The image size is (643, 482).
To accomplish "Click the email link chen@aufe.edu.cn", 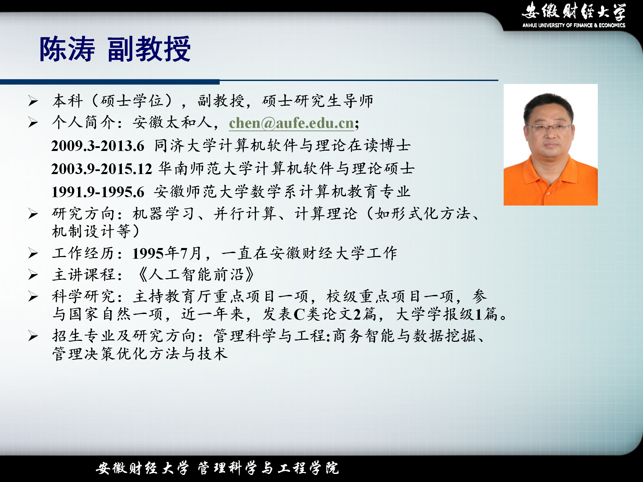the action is (x=291, y=123).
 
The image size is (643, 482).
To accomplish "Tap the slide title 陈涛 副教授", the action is (x=115, y=49).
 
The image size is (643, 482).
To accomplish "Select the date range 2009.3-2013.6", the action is (x=97, y=146).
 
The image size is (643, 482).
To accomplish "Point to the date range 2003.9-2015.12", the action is (x=101, y=169).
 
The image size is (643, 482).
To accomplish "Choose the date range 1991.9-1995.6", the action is (x=97, y=192).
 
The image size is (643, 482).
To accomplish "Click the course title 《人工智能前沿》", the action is (x=196, y=275).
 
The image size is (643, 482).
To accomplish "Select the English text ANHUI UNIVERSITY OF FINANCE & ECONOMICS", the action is (x=574, y=25).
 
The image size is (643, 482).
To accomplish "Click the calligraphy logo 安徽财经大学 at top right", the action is (x=574, y=11).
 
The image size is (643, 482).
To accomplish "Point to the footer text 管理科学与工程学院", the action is (x=268, y=468).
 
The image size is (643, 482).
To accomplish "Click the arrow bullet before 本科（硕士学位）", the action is (x=33, y=101).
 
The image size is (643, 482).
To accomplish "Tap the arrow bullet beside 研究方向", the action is (x=33, y=214).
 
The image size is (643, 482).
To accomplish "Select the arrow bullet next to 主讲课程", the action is (x=33, y=275).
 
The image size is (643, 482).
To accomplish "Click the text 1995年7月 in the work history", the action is (x=167, y=253).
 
